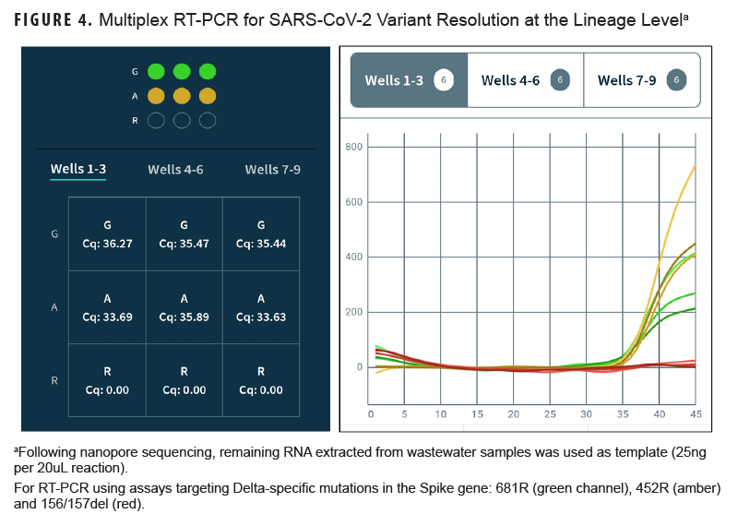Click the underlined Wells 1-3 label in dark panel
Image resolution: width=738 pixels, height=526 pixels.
point(78,169)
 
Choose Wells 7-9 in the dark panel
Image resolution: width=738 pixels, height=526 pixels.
point(272,169)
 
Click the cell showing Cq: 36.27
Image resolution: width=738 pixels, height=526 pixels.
point(107,234)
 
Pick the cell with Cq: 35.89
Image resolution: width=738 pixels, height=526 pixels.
point(184,307)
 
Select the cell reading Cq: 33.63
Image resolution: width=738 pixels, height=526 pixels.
point(261,307)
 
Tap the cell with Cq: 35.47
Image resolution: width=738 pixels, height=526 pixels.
point(184,234)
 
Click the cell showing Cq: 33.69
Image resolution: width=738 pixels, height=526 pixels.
point(107,307)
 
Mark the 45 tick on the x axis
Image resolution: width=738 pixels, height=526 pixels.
point(695,414)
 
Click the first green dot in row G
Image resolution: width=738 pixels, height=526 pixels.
point(156,71)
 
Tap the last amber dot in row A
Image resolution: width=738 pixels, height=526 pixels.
point(208,95)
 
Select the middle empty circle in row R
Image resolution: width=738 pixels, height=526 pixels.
point(182,120)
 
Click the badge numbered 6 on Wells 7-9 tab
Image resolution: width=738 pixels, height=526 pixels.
point(676,80)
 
